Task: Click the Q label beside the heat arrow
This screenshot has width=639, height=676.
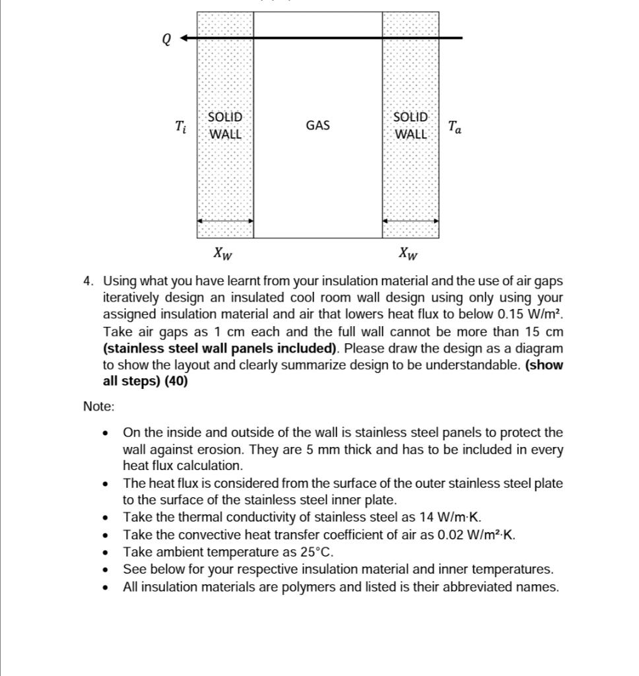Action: point(166,40)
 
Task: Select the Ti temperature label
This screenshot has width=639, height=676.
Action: point(180,126)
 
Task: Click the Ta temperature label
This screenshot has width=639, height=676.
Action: point(454,127)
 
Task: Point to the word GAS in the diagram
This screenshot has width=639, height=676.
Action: point(318,125)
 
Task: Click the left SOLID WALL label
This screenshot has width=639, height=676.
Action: point(225,125)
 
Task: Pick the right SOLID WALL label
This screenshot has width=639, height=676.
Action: point(411,125)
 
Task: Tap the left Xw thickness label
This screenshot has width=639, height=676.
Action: point(223,252)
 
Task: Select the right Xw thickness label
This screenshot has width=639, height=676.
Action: point(409,252)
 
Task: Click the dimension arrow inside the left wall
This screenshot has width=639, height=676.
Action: point(225,222)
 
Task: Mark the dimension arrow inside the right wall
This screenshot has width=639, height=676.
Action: point(411,222)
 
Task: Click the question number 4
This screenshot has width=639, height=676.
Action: point(88,281)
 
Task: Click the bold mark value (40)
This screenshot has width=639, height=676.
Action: point(175,382)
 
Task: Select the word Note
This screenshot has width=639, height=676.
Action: point(98,407)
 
